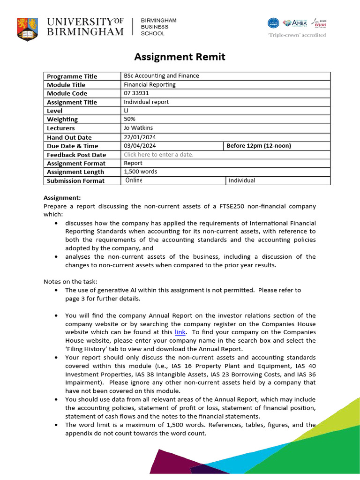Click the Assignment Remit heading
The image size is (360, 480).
point(180,57)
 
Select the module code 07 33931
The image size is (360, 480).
point(136,93)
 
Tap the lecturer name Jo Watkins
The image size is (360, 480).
point(138,128)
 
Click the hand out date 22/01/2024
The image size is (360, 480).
point(140,137)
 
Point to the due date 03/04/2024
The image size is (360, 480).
point(140,146)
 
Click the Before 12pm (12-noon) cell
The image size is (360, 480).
point(259,146)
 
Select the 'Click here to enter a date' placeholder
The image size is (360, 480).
point(158,155)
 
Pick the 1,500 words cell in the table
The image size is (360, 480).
point(141,172)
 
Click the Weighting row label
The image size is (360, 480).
point(62,120)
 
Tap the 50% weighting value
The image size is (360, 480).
point(129,119)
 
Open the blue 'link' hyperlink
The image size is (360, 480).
point(180,332)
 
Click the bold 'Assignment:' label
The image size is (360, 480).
point(62,198)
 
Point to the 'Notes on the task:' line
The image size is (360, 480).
point(70,282)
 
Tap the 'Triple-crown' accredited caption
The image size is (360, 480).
point(296,35)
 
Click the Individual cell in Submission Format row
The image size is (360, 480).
point(242,180)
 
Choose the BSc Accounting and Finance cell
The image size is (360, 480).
point(161,76)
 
